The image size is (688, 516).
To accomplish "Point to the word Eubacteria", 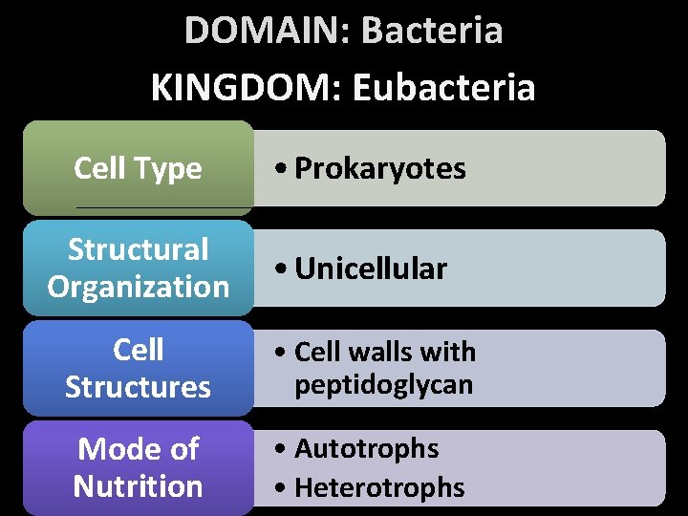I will coord(443,88).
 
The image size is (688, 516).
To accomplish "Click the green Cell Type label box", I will coord(139,168).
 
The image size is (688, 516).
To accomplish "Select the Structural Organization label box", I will coord(139,269).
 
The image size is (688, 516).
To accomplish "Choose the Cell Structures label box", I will coord(139,369).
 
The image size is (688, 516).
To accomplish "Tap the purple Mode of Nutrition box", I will coord(139,467).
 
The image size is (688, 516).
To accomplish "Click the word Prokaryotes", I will coord(380,169).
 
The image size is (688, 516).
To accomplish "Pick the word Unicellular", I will coord(371,269).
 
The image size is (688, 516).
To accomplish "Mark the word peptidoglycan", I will coord(384,386).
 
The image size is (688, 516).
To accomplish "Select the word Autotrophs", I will coord(367,448).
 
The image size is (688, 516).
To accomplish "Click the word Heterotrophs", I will coord(380,487).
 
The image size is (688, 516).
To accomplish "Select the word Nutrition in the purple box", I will coord(139,486).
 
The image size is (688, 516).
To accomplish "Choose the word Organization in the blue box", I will coord(139,287).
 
